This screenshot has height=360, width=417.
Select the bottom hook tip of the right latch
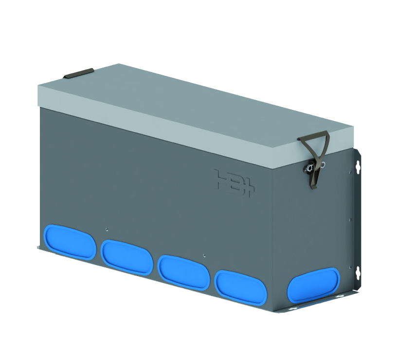(x=313, y=186)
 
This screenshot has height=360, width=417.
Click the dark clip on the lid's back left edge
(x=78, y=73)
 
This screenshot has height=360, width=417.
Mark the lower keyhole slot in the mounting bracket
(x=358, y=272)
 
